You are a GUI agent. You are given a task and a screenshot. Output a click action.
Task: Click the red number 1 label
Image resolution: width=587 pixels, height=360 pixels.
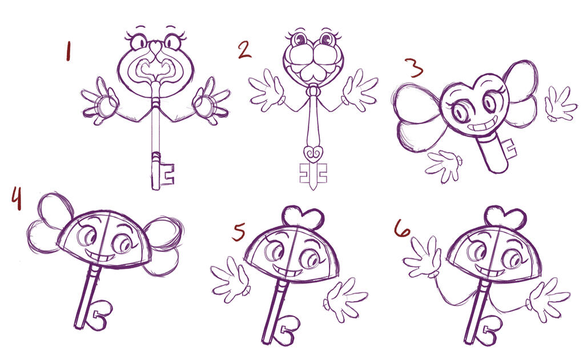(68, 51)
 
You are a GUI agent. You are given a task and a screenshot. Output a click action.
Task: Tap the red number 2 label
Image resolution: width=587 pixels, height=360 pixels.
(244, 50)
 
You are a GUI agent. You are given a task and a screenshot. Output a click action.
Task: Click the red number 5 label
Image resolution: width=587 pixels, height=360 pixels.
(239, 233)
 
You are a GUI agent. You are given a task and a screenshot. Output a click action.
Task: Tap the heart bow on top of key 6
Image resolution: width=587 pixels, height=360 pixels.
(506, 216)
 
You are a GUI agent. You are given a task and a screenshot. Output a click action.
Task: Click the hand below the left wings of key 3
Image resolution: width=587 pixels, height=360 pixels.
(444, 165)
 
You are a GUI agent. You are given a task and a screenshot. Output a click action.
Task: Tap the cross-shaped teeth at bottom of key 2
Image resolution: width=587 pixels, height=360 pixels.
(313, 175)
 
